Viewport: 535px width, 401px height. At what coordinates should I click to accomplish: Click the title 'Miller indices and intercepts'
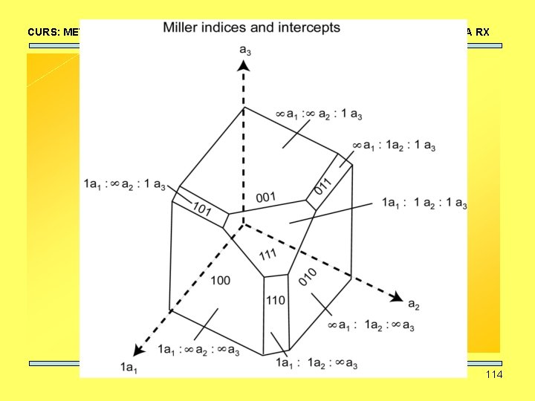click(251, 28)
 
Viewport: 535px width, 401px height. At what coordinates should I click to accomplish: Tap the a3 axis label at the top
click(244, 50)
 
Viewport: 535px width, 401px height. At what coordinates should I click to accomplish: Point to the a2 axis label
click(414, 304)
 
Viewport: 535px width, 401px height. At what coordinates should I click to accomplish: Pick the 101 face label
click(203, 210)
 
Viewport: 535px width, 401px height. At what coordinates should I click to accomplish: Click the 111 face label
click(268, 255)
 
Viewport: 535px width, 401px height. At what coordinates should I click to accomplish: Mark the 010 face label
click(308, 277)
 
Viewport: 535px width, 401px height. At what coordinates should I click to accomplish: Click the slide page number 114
click(493, 374)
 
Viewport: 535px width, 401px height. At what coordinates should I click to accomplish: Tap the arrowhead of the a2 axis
click(398, 298)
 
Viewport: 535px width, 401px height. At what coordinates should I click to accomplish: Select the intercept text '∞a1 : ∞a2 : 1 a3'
click(320, 114)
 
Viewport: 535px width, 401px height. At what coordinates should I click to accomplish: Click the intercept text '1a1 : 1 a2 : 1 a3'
click(424, 202)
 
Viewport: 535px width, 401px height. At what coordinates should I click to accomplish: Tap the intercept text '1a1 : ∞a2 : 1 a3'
click(124, 183)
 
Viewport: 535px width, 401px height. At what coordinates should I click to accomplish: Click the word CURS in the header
click(41, 32)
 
